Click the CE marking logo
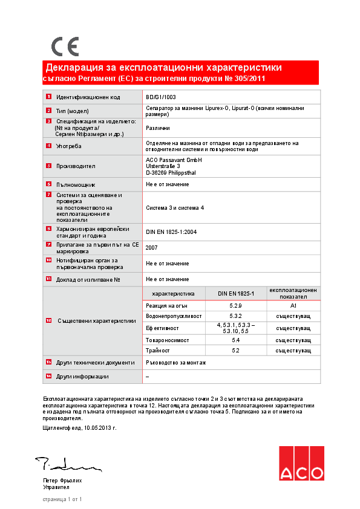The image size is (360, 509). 65,47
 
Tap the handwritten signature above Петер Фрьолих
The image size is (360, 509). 67,465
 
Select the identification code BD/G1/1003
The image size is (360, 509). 161,97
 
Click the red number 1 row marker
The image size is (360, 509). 48,97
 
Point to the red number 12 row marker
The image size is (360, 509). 48,320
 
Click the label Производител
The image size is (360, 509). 76,166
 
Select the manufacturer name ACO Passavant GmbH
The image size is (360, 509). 174,160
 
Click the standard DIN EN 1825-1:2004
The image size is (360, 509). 172,232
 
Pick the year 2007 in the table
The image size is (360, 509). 152,248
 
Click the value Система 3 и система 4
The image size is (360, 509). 175,207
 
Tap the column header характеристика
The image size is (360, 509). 173,294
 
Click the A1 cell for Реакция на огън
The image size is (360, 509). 293,306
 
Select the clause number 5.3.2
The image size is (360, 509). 236,316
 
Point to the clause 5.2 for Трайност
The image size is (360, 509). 236,351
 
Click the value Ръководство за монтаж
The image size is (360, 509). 176,363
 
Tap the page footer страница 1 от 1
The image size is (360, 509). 62,499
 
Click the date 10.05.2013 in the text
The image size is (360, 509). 99,427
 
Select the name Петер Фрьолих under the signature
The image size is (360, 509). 62,480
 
